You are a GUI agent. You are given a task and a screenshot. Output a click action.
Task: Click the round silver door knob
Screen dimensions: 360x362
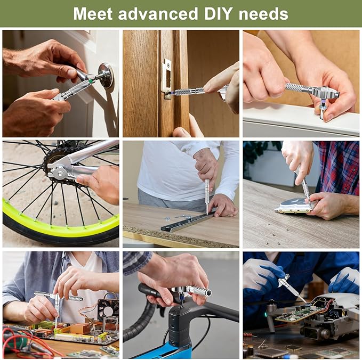pos(106,75)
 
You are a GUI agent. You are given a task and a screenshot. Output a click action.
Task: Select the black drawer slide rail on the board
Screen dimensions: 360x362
pos(187,220)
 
